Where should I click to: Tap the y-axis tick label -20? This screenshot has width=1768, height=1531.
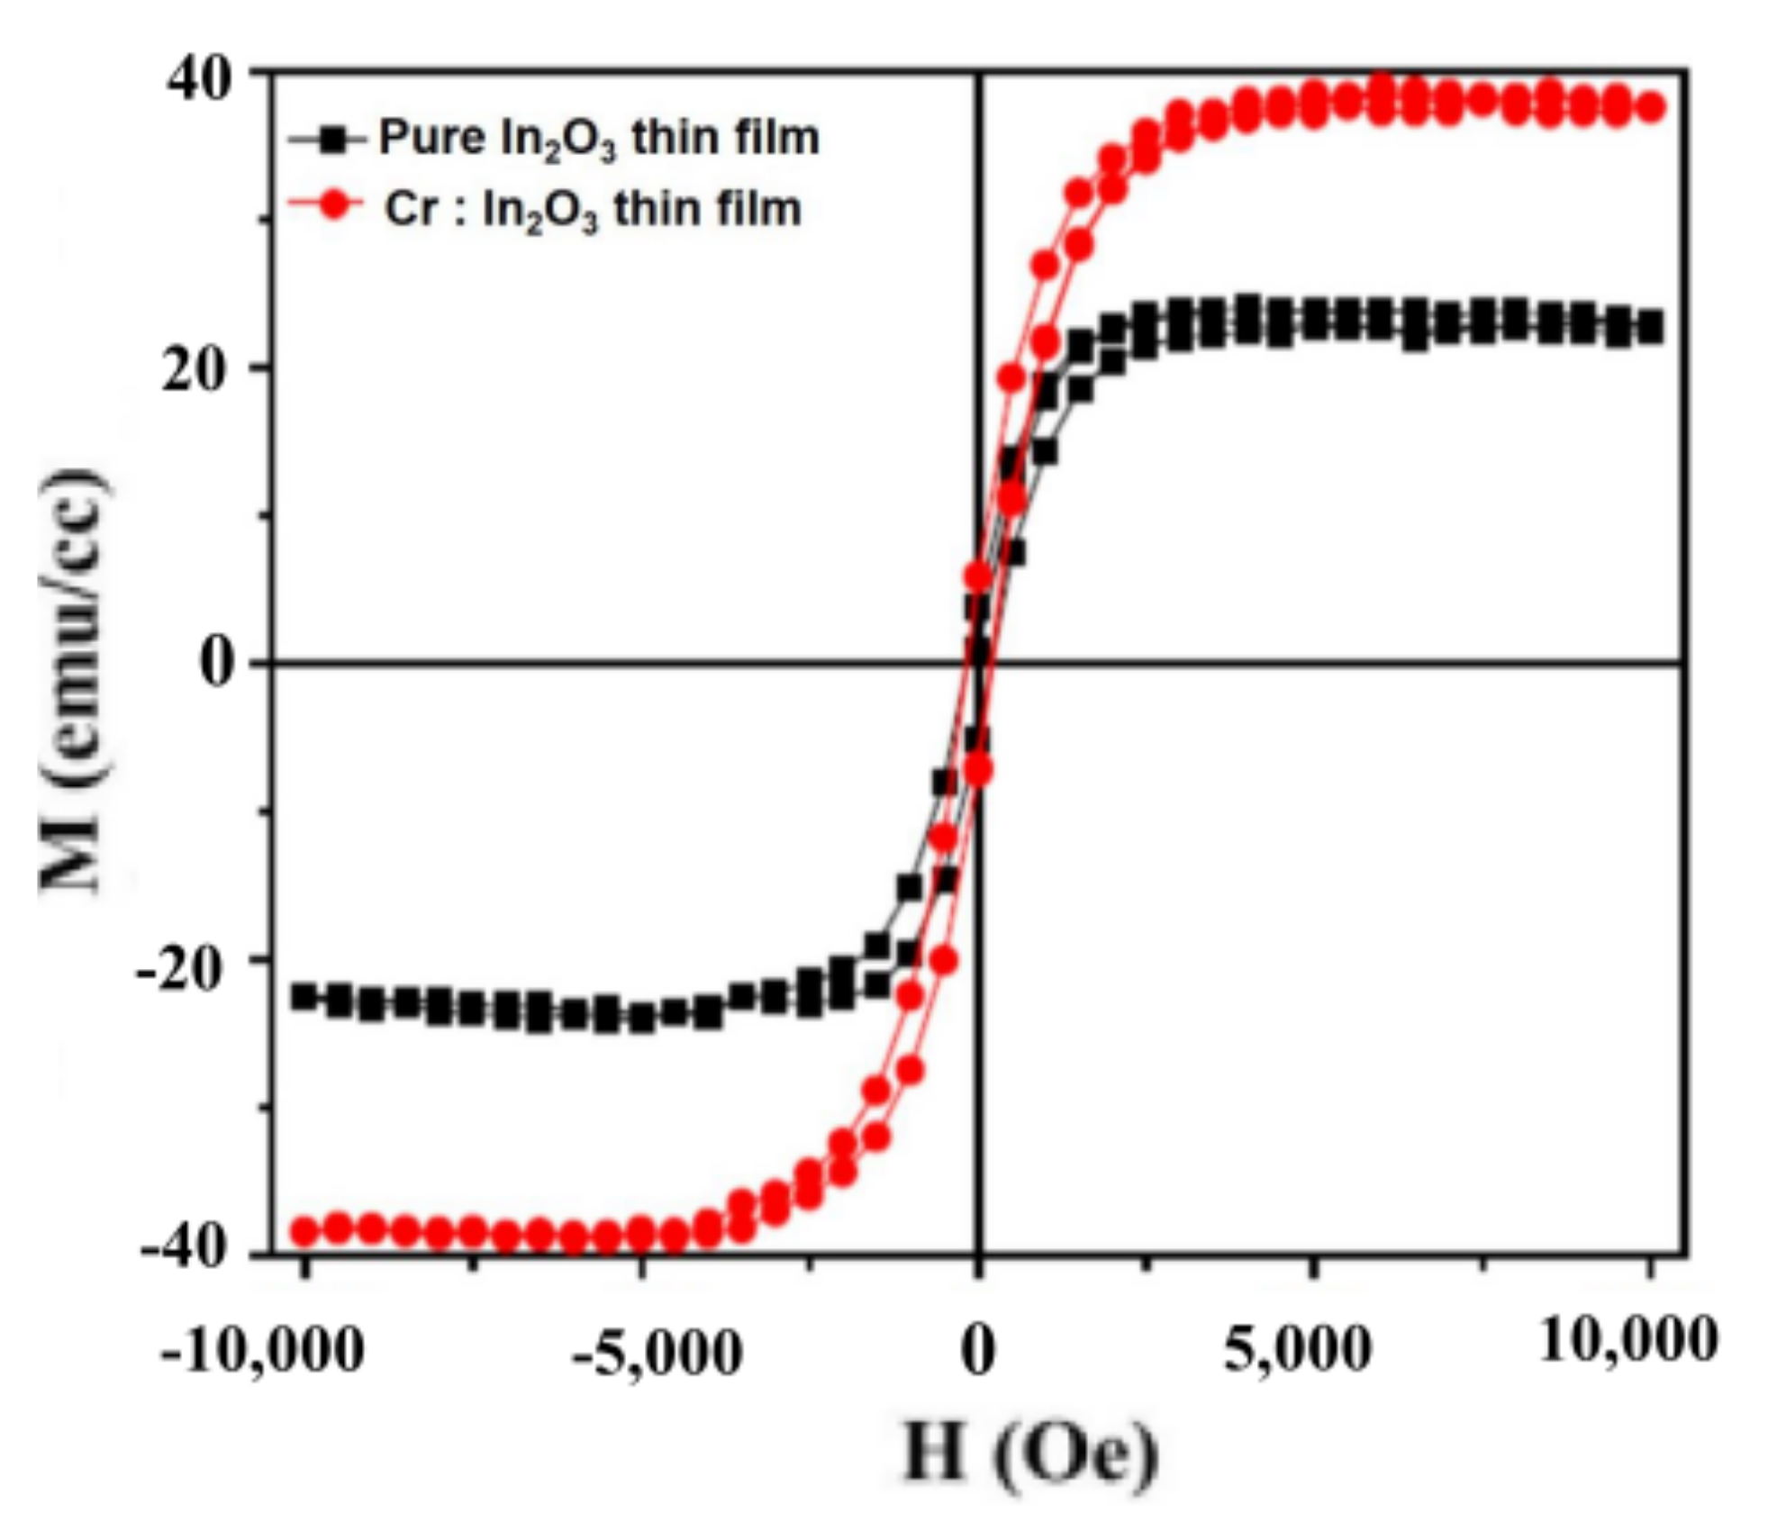pos(180,973)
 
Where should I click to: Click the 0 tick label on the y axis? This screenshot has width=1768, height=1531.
pos(217,664)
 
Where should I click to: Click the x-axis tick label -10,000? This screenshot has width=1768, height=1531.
pos(262,1350)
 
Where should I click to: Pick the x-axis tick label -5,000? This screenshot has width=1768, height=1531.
pos(657,1353)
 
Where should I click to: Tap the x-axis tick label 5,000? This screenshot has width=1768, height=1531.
pos(1297,1349)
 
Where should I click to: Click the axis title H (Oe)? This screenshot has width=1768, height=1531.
pos(1029,1452)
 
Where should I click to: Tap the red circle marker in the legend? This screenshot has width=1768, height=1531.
pos(334,206)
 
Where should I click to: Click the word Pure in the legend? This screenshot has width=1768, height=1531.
pos(431,138)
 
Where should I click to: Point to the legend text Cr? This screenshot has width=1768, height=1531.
pos(412,209)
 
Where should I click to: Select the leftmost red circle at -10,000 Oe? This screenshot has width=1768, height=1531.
pos(305,1230)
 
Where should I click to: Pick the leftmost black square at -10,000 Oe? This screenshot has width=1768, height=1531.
pos(305,996)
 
